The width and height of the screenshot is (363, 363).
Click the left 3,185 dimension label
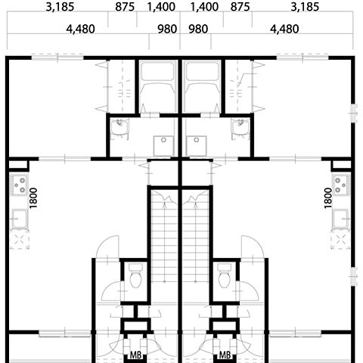(60, 7)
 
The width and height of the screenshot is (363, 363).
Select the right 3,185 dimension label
(305, 7)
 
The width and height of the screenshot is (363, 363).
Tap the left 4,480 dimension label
(80, 29)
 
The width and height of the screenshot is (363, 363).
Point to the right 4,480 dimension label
(284, 29)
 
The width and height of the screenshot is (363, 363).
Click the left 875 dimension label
(125, 7)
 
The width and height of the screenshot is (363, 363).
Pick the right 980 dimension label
(198, 29)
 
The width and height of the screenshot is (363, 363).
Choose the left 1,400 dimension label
(161, 7)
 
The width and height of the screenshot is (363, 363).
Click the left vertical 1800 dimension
(33, 198)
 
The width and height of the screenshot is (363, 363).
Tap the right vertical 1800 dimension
(328, 198)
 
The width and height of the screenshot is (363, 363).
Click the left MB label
(135, 355)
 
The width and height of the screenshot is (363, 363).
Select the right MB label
(225, 355)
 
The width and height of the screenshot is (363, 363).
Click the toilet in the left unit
(135, 276)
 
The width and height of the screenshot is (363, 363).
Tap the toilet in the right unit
(225, 276)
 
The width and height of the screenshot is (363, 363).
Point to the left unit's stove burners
(19, 185)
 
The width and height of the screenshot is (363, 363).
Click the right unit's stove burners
(341, 185)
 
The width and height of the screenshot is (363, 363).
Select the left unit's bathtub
(158, 87)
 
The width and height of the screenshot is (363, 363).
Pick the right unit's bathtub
(202, 87)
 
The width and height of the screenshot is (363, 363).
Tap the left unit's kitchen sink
(19, 219)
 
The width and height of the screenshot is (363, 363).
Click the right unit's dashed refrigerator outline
(341, 239)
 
